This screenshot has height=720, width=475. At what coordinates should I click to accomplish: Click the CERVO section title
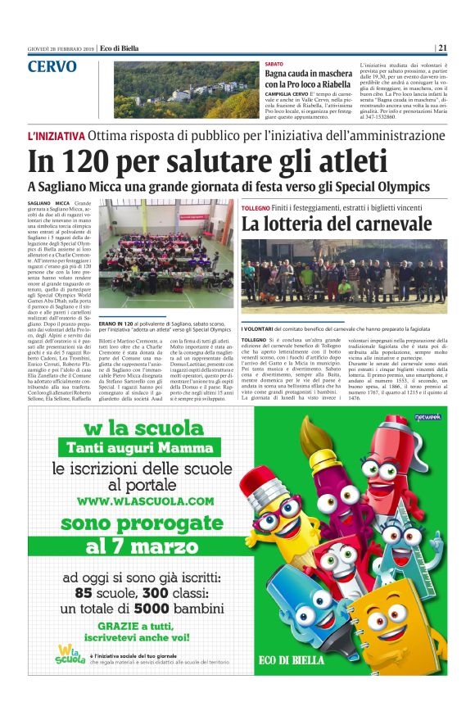point(52,66)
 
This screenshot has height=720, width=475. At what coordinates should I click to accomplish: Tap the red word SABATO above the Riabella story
point(274,64)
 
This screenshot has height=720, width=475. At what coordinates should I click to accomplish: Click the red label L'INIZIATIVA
point(56,135)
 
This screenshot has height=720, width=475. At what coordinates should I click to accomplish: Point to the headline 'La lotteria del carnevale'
point(336,223)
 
